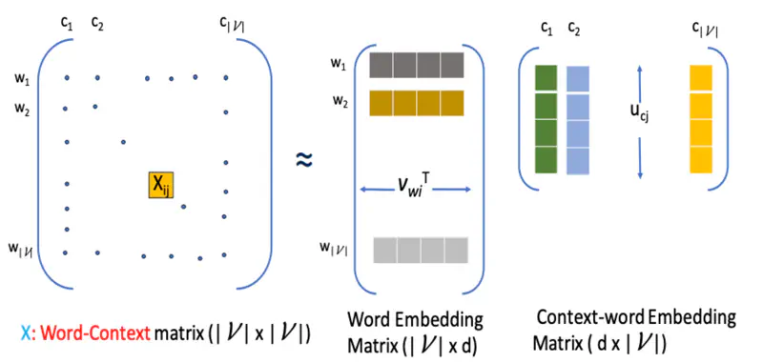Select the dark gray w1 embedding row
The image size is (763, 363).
pos(416,65)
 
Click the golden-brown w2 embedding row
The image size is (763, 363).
pos(416,101)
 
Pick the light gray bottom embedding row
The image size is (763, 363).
pos(421,249)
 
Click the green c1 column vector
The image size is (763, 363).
pos(546,118)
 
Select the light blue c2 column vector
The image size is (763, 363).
pos(578,119)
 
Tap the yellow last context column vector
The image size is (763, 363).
pos(700,118)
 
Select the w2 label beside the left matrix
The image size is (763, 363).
pos(22,109)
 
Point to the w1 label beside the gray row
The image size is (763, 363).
pos(339,64)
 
